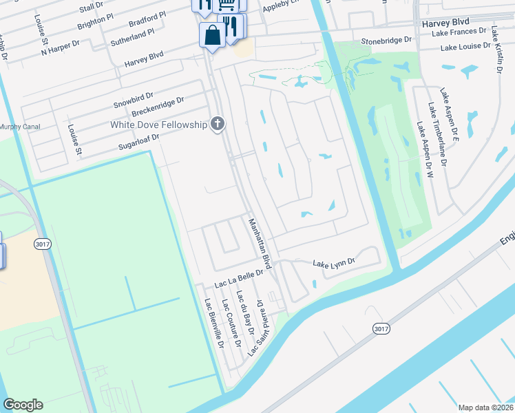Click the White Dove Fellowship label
(158, 125)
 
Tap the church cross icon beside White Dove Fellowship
(218, 124)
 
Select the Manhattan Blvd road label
(260, 243)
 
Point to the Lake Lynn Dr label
(333, 263)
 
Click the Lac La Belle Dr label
(239, 277)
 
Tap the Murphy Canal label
(20, 127)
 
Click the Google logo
(23, 405)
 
